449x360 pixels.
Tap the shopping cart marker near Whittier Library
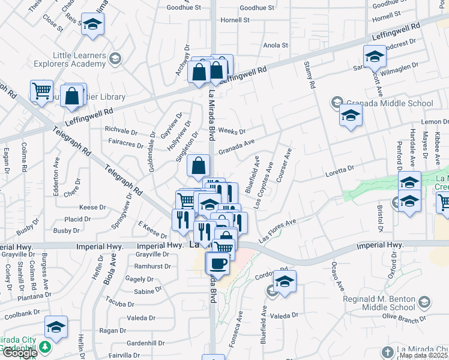pos(41,92)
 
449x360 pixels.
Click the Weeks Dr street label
pos(232,131)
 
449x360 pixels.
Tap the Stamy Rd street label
pos(309,75)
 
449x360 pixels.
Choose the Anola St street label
pos(276,45)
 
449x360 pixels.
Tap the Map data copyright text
pos(423,355)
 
